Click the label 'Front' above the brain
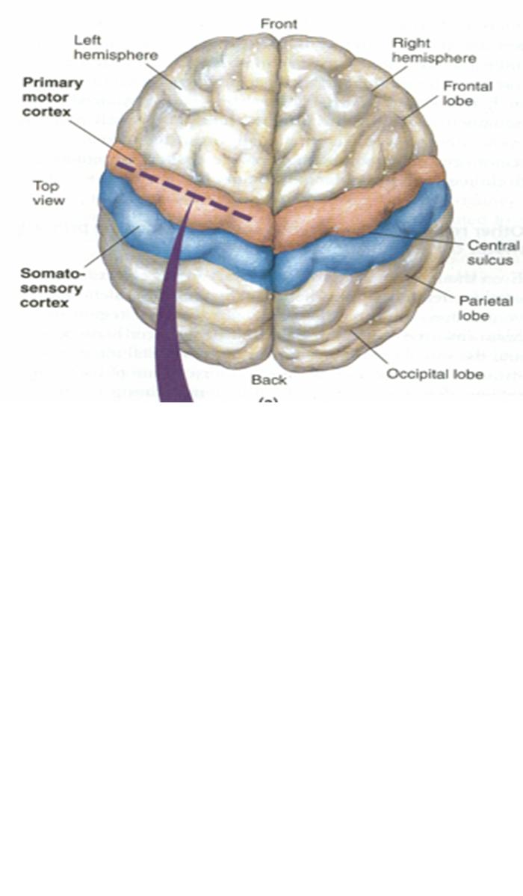[x=279, y=24]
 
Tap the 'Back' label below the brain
[x=268, y=380]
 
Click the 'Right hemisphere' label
[x=434, y=51]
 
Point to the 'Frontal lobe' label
[x=468, y=93]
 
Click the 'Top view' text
[x=49, y=193]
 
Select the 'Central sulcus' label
[x=492, y=252]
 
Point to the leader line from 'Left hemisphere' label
[x=164, y=76]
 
